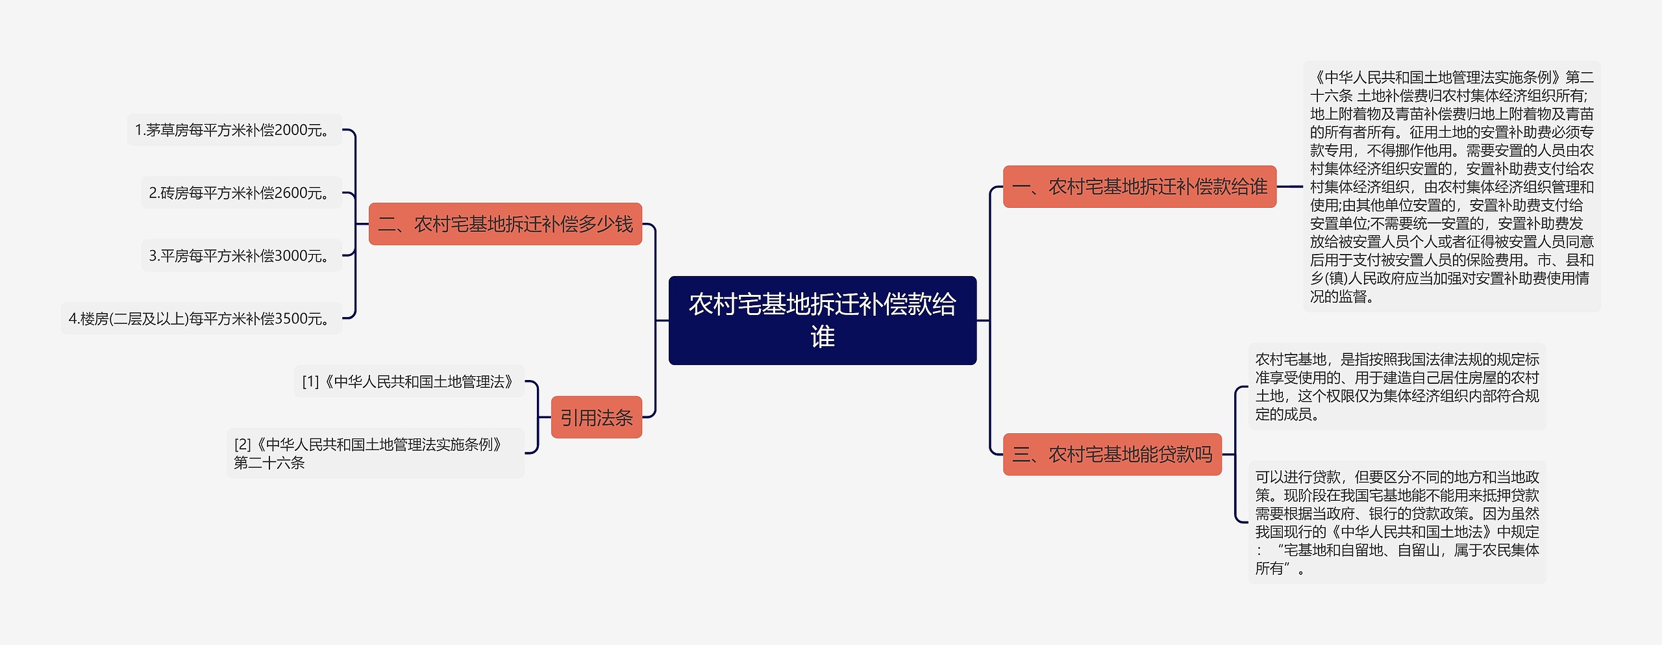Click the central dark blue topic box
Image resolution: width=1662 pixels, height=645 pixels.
pyautogui.click(x=822, y=320)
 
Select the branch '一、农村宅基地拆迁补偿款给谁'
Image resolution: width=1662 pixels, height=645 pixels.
pyautogui.click(x=1139, y=187)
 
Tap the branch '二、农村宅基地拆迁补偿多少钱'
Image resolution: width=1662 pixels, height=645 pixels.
pyautogui.click(x=505, y=224)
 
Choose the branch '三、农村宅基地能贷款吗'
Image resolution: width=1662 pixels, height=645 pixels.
pyautogui.click(x=1112, y=455)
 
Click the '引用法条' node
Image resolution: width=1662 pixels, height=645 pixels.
pyautogui.click(x=596, y=418)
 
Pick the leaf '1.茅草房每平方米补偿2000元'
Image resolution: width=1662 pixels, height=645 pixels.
pyautogui.click(x=234, y=130)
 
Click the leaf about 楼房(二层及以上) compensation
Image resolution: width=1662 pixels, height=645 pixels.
pyautogui.click(x=201, y=319)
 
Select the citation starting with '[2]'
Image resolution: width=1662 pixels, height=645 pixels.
pyautogui.click(x=375, y=453)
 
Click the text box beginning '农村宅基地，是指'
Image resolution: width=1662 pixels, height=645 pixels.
pyautogui.click(x=1397, y=386)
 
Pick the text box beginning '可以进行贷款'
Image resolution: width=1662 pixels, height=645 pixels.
pyautogui.click(x=1397, y=522)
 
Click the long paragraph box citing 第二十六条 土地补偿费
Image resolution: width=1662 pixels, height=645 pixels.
pyautogui.click(x=1452, y=187)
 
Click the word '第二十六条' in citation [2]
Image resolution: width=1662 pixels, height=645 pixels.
pyautogui.click(x=269, y=463)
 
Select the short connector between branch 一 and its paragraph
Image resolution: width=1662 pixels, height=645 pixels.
pyautogui.click(x=1290, y=187)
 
